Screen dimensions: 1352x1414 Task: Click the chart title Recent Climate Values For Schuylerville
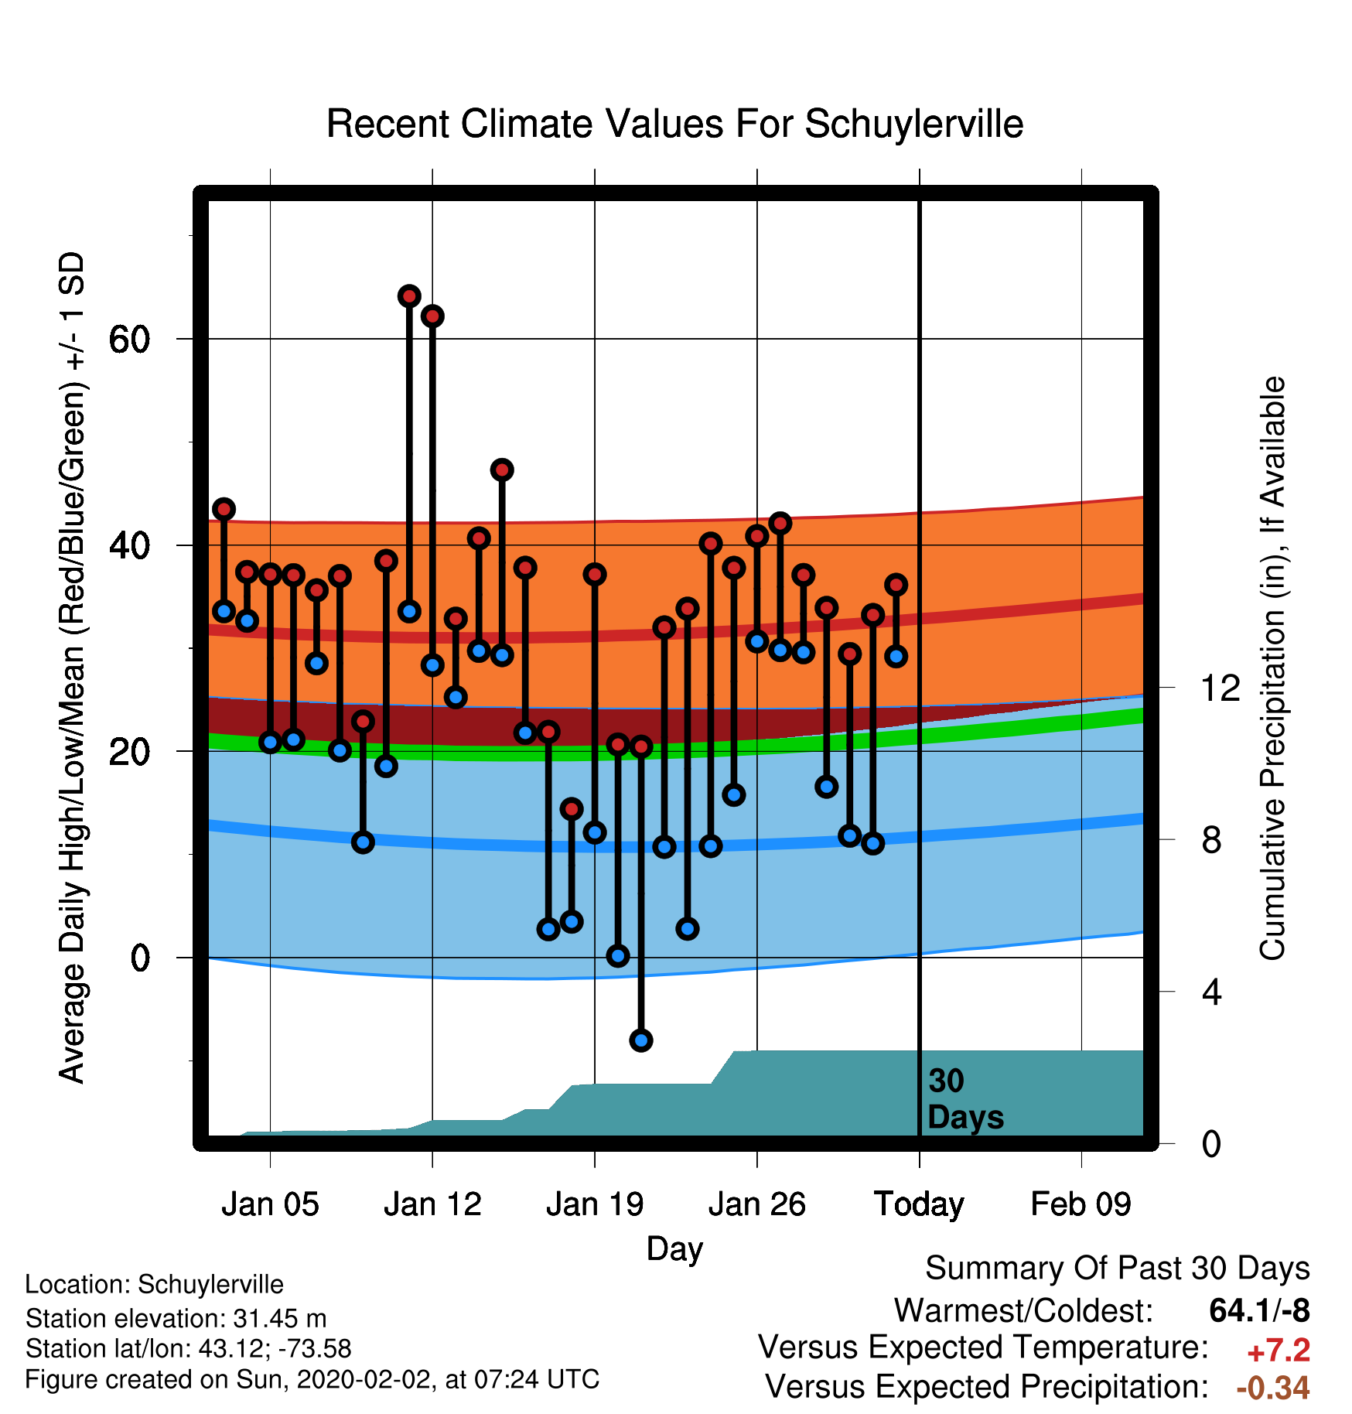[674, 124]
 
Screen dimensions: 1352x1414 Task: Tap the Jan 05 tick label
[270, 1204]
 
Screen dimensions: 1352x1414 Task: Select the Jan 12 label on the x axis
[432, 1204]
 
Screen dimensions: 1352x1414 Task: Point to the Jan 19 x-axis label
[595, 1204]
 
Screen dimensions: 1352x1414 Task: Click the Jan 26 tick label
[757, 1204]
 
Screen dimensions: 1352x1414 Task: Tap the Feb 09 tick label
[1081, 1204]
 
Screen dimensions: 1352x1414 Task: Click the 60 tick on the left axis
[129, 339]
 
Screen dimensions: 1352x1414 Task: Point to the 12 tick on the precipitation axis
[1220, 688]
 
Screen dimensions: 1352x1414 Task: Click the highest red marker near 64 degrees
[409, 296]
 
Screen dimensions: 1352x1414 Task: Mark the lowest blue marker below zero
[641, 1040]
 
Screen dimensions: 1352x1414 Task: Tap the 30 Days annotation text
[965, 1099]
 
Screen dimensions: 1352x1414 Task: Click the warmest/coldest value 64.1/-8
[1259, 1310]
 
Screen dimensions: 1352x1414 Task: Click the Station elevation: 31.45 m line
[176, 1318]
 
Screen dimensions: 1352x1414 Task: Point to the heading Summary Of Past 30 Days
[1118, 1269]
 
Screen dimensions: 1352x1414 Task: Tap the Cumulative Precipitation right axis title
[1272, 668]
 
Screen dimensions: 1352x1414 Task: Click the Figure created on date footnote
[312, 1379]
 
